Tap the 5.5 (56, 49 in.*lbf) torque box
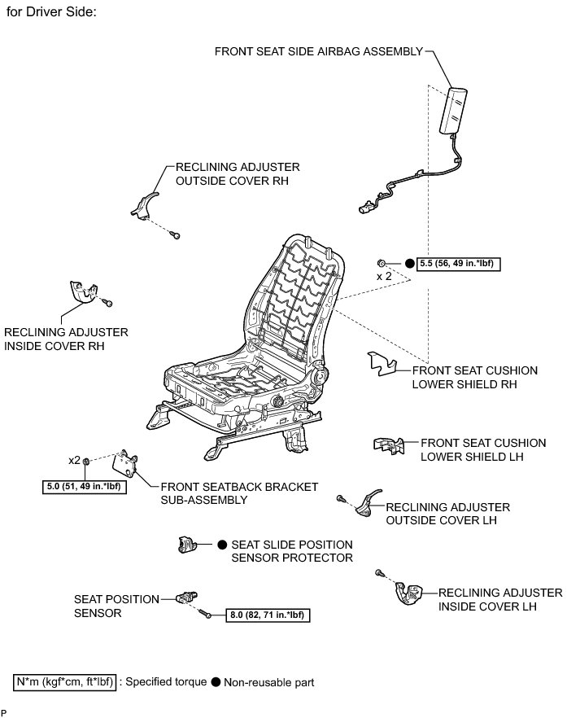click(456, 263)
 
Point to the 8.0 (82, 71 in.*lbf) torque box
click(268, 616)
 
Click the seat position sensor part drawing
click(187, 599)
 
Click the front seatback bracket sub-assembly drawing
click(127, 465)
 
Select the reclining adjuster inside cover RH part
click(82, 292)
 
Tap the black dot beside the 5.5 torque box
click(409, 263)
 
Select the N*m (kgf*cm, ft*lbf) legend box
click(65, 681)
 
